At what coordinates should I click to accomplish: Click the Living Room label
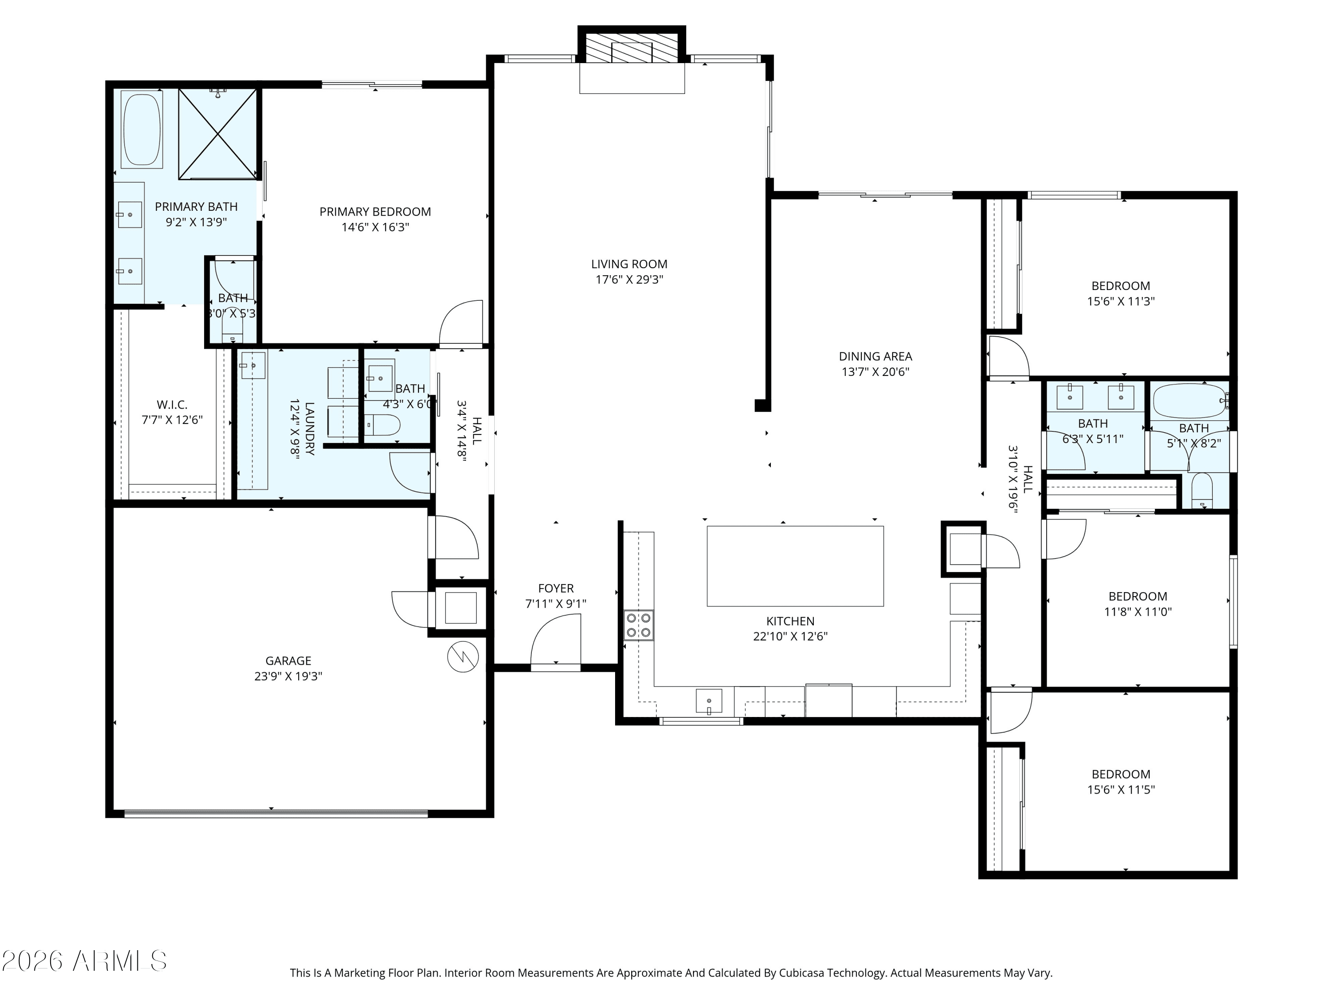(629, 264)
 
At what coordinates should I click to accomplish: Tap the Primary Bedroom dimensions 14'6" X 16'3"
(375, 227)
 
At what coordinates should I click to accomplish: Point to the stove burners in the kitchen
(639, 625)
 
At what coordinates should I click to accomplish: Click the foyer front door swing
(556, 640)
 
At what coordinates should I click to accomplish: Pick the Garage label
(288, 661)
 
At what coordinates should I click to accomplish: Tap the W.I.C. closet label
(172, 404)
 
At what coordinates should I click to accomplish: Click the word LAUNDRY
(310, 429)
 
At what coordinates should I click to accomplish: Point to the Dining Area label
(876, 356)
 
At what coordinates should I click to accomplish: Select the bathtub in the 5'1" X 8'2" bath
(1190, 401)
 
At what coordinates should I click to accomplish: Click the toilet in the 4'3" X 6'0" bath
(382, 425)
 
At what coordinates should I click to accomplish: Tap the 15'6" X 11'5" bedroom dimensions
(1121, 789)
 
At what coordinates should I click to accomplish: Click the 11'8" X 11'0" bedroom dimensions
(1138, 611)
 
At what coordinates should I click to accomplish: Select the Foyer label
(556, 588)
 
